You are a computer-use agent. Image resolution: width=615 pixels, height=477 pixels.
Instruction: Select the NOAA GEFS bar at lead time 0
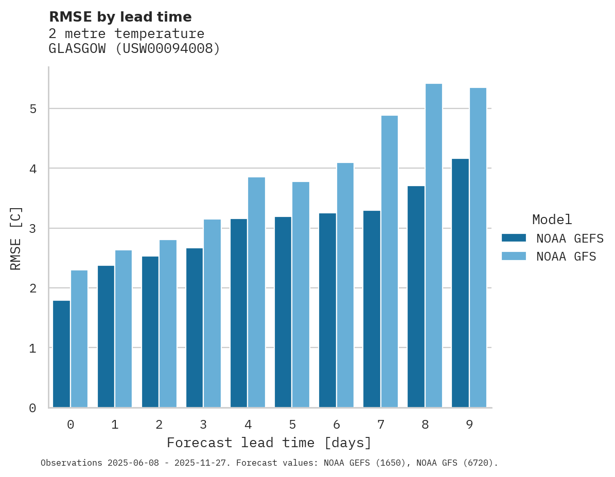click(x=61, y=354)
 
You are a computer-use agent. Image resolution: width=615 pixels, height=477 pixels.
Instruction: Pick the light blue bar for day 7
click(x=390, y=262)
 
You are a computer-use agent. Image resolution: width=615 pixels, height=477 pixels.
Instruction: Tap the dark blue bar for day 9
click(x=461, y=283)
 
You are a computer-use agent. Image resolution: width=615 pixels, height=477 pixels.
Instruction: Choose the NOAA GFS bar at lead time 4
click(x=256, y=292)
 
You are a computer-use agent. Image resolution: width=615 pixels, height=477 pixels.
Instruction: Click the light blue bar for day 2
click(x=168, y=324)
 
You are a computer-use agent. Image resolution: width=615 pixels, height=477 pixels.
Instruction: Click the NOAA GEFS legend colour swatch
click(x=514, y=238)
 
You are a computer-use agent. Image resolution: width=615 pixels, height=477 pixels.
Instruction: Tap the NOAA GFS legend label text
click(x=566, y=256)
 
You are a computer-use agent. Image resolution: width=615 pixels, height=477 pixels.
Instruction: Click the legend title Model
click(x=552, y=220)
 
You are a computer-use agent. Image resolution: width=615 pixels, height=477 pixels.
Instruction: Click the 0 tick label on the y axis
click(x=32, y=408)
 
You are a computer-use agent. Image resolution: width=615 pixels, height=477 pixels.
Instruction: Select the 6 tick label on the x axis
click(x=337, y=425)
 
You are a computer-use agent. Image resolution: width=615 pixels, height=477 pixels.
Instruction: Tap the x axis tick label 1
click(x=115, y=425)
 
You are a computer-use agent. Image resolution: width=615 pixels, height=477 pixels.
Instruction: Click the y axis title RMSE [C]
click(x=16, y=238)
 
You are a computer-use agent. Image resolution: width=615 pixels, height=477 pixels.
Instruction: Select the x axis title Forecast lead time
click(x=269, y=443)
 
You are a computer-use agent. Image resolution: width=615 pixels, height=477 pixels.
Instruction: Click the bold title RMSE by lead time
click(x=120, y=17)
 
